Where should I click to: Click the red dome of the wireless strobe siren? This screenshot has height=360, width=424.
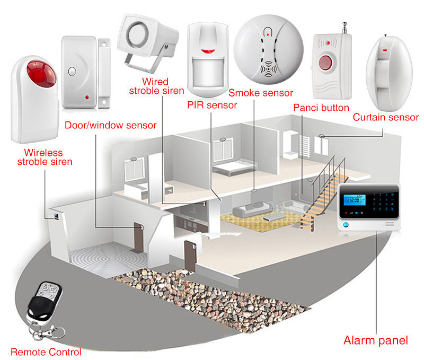[41, 74]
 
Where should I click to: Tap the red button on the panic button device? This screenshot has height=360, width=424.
[325, 63]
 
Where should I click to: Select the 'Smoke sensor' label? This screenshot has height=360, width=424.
[261, 93]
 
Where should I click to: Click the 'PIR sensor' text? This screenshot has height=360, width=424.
[212, 105]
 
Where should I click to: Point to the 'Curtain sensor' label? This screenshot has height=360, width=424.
[386, 117]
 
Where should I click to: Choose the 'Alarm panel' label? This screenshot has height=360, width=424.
[376, 340]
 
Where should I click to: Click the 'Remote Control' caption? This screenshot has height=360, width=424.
[46, 352]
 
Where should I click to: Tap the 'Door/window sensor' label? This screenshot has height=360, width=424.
[111, 125]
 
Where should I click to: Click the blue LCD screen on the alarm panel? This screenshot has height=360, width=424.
[354, 200]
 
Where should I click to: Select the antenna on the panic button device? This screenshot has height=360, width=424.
[344, 28]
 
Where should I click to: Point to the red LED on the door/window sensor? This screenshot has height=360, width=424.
[87, 97]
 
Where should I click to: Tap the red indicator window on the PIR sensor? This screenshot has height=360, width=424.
[208, 51]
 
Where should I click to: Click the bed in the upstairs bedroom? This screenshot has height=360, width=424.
[234, 167]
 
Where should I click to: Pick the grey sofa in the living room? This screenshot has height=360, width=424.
[252, 209]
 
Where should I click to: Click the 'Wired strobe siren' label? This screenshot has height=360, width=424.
[156, 86]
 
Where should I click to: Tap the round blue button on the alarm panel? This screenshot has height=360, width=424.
[346, 225]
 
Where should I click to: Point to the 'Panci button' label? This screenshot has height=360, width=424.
[321, 108]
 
